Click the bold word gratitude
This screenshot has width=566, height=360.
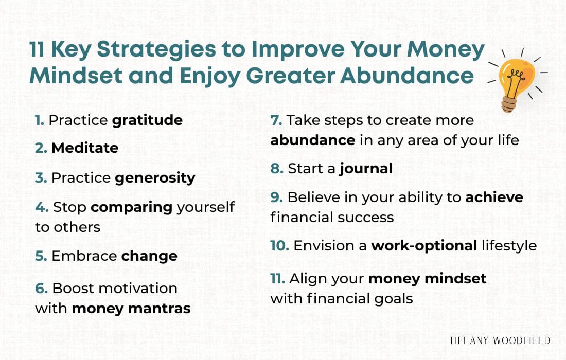tap(147, 121)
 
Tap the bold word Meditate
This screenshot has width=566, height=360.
tap(85, 149)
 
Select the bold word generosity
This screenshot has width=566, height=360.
tap(155, 178)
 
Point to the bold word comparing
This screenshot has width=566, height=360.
tap(131, 207)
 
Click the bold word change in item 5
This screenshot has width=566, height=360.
tap(149, 256)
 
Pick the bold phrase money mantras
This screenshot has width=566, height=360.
tap(131, 309)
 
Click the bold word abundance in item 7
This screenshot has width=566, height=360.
tap(313, 140)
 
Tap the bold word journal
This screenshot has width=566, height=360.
tap(366, 169)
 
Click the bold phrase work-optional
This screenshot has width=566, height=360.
tap(424, 246)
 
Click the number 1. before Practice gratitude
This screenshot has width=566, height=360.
tap(39, 120)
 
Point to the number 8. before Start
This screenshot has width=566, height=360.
tap(277, 169)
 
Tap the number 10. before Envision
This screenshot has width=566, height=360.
tap(279, 246)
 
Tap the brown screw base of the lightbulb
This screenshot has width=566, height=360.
tap(509, 104)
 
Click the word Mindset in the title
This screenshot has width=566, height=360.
tap(76, 75)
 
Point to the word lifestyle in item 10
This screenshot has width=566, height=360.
tap(509, 246)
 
